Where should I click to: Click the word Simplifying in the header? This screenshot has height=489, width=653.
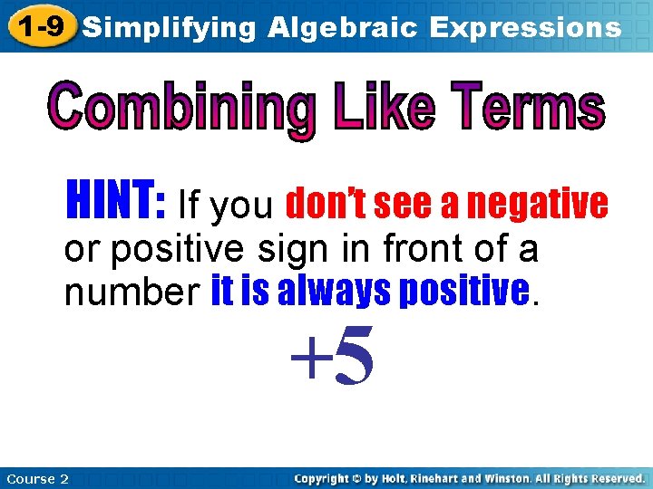pos(170,27)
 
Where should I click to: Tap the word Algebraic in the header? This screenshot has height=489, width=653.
pos(343,27)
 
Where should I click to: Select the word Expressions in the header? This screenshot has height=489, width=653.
pos(526,27)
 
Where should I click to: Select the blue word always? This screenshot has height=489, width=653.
pos(341,292)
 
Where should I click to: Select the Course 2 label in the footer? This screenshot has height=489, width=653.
pos(37,478)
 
